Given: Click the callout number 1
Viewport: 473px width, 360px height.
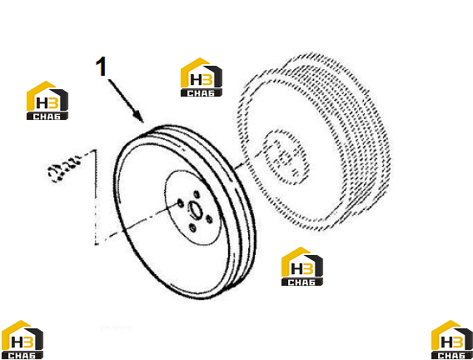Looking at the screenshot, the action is (x=102, y=67).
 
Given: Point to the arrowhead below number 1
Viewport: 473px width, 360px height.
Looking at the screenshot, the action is (x=139, y=117).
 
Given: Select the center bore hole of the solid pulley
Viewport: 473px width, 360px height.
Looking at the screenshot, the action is (x=195, y=210).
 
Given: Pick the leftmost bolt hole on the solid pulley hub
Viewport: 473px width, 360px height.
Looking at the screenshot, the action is (x=181, y=203).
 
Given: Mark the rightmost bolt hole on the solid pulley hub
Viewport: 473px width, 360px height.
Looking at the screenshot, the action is (x=209, y=219).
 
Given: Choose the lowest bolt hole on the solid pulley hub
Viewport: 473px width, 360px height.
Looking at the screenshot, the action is (x=192, y=228).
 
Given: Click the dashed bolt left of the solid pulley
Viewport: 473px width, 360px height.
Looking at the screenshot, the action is (x=64, y=168).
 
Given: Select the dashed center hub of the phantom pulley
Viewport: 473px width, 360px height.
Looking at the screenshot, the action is (x=286, y=157).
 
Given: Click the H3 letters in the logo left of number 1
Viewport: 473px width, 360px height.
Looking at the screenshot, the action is (x=47, y=102).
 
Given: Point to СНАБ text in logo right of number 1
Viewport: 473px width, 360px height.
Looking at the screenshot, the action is (x=202, y=93).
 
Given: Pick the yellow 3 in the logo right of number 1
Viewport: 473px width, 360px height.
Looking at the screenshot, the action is (x=207, y=80).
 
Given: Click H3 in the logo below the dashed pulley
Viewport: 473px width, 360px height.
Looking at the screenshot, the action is (x=302, y=268).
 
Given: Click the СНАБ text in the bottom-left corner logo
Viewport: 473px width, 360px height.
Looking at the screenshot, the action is (x=22, y=356).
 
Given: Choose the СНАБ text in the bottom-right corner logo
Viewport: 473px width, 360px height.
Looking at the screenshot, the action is (x=452, y=356).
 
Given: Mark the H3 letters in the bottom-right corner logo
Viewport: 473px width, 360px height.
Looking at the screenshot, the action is (x=452, y=342).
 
